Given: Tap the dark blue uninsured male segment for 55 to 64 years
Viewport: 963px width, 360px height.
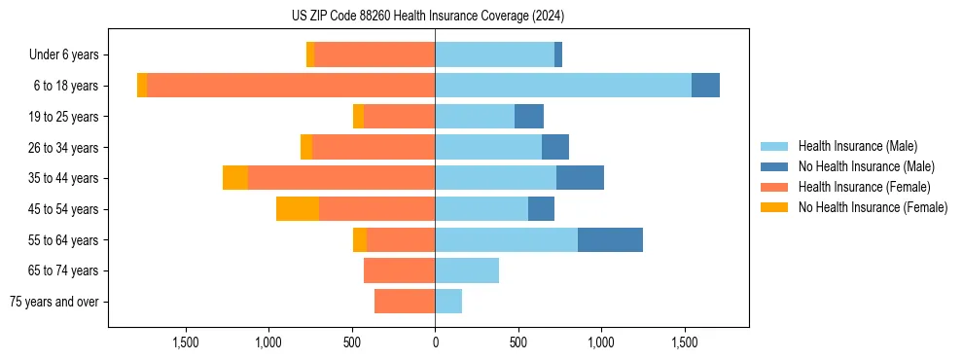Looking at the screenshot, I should pos(610,239).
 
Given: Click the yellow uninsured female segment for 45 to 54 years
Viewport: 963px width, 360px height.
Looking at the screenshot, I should pos(298,208).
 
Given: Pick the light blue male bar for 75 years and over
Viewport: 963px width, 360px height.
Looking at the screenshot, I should pos(448,302).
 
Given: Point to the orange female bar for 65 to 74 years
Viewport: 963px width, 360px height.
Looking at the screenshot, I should pos(399,270).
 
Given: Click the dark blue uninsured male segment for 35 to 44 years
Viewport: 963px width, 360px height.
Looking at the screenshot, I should pos(580,178).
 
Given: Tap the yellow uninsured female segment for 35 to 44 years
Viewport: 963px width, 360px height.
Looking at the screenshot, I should pos(235,178).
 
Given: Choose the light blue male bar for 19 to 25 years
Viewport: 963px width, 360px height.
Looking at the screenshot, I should pos(475,117).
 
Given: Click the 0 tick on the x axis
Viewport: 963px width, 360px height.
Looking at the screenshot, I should pos(435,342).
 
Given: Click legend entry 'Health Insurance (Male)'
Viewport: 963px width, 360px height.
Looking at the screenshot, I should pos(857,146).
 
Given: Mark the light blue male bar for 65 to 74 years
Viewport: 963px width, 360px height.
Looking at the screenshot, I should pos(467,270).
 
